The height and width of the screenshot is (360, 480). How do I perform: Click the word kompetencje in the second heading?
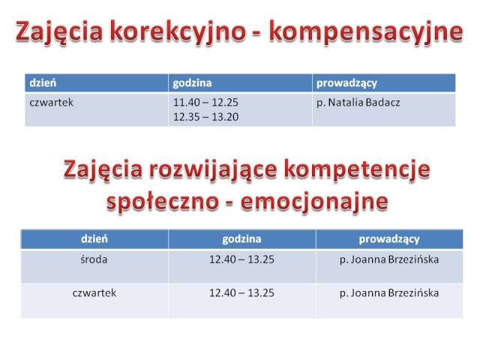[357, 169]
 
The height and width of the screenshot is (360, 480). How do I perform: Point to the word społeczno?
[163, 202]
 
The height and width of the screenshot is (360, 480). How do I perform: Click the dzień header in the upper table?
[43, 83]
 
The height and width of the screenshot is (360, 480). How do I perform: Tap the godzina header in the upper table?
[192, 83]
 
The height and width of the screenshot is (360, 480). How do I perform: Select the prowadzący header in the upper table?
[346, 83]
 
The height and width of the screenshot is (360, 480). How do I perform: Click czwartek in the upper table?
[52, 103]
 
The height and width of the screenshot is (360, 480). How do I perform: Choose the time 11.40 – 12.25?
[205, 102]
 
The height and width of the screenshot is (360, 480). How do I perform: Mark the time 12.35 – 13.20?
[205, 117]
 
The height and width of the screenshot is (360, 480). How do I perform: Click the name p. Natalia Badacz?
[358, 103]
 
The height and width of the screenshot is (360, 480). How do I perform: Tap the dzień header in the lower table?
[94, 238]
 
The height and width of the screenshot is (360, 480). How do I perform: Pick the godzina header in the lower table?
[241, 239]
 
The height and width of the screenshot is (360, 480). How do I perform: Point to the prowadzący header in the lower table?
[389, 239]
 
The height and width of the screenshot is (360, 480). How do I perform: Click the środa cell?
[94, 259]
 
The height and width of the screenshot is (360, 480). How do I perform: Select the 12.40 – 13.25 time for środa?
[241, 259]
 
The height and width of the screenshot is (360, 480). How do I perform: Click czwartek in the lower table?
[94, 293]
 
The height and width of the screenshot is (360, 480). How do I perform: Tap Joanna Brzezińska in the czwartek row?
[394, 293]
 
